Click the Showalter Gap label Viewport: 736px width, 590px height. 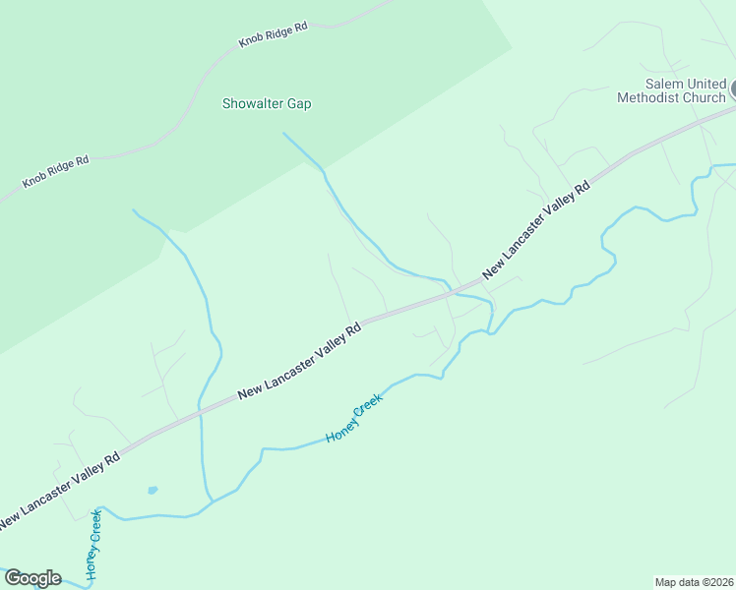pos(267,103)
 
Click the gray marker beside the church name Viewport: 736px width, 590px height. pos(732,89)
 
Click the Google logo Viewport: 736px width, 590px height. pos(32,578)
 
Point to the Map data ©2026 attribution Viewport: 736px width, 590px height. pos(694,581)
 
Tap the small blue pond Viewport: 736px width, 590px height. pos(153,490)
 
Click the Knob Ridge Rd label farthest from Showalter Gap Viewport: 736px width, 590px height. pos(56,171)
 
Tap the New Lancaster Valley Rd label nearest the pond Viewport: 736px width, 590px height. pos(59,488)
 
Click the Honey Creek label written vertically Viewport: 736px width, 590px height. pos(93,544)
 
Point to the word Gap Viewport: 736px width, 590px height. pos(299,103)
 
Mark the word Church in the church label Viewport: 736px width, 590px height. pos(706,97)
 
